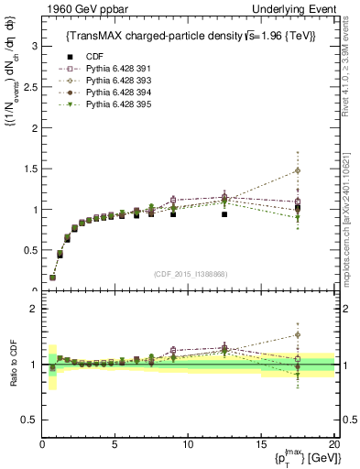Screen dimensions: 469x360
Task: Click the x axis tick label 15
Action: pyautogui.click(x=261, y=444)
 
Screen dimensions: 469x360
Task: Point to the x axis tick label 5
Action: pyautogui.click(x=115, y=444)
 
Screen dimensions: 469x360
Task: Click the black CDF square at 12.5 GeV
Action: pyautogui.click(x=224, y=214)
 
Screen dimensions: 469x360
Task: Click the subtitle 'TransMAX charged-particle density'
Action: pyautogui.click(x=137, y=36)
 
